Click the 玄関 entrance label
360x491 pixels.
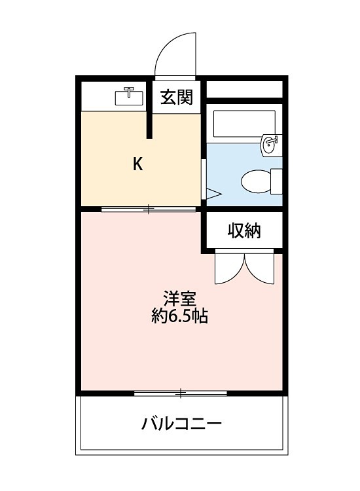click(177, 98)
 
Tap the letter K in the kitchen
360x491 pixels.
click(137, 164)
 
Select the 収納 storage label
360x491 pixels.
click(244, 230)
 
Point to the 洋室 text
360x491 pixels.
click(179, 299)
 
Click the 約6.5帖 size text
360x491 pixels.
click(179, 318)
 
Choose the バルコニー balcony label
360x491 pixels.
click(182, 423)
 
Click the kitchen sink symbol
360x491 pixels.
click(130, 97)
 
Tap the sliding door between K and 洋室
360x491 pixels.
click(149, 209)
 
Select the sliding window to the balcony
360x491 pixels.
click(181, 393)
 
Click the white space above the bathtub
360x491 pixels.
click(244, 88)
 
